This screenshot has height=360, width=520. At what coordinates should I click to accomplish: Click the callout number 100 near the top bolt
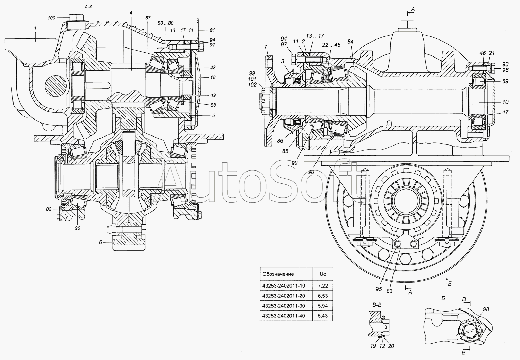52,18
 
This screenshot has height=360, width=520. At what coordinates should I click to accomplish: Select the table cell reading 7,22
323,286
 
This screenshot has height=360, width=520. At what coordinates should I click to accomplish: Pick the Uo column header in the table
323,274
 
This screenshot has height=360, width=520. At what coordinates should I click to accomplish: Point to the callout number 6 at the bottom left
101,242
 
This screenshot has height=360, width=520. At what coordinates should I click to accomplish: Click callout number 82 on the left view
49,209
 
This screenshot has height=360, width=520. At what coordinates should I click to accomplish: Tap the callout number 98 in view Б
486,309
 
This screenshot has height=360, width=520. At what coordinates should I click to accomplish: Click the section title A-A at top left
88,7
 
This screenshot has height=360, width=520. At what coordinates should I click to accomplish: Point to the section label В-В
377,305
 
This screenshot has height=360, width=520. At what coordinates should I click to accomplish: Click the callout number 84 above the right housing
350,42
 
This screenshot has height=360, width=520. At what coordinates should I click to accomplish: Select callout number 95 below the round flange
379,289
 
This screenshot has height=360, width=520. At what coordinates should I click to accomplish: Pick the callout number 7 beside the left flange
266,47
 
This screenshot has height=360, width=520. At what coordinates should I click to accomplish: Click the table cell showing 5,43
323,316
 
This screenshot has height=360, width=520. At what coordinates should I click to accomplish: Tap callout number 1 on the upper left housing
35,28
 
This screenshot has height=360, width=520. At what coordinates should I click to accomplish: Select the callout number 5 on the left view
213,115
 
